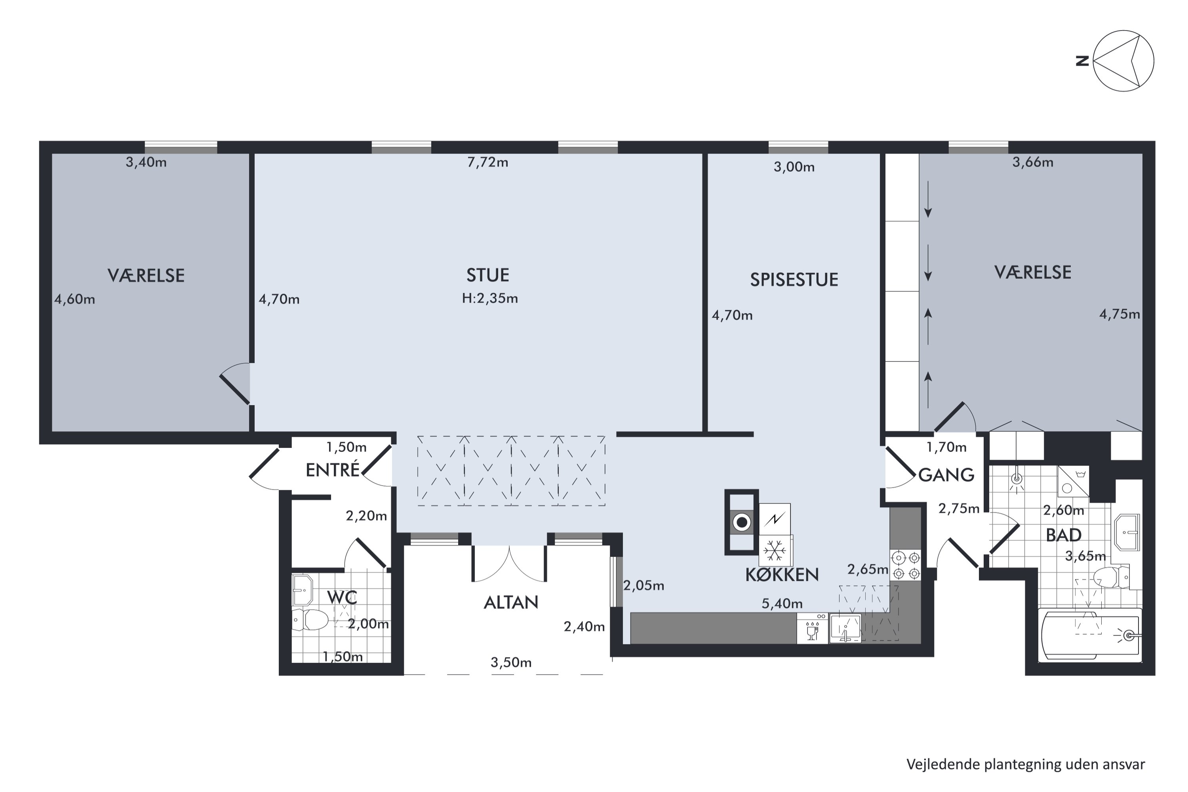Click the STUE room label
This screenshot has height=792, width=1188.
coord(487,275)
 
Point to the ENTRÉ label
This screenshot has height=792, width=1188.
coord(332,470)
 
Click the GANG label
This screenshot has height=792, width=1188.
coord(946,475)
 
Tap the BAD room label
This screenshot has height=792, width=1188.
coord(1063,535)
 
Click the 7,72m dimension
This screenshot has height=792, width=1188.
coord(487,162)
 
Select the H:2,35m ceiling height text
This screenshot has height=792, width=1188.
coord(490,299)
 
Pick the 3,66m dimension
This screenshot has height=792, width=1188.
coord(1032,162)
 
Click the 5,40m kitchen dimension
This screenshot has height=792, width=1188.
coord(782,604)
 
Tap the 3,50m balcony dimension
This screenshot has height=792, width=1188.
coord(511,662)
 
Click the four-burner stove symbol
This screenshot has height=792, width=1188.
coord(906,565)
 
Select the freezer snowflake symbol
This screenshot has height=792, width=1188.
coord(775,550)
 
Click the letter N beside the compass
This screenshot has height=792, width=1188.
coord(1082,61)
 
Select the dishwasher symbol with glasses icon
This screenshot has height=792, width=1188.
coord(812,628)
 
